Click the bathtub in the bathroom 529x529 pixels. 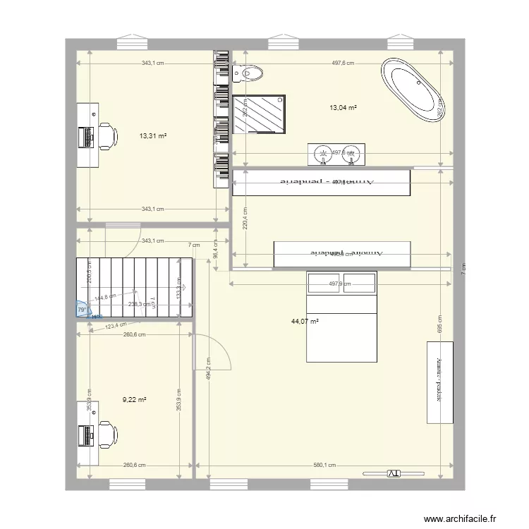coord(413,90)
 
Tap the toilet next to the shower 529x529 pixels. coord(250,71)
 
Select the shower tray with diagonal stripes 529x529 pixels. coord(260,114)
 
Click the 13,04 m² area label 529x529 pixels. coord(343,108)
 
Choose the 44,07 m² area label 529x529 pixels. coord(305,322)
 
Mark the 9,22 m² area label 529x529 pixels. coord(134,400)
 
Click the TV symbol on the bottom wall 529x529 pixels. coord(392,473)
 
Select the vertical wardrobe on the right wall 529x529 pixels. coord(439,383)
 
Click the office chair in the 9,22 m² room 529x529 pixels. coord(107,432)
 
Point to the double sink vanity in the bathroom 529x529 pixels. coord(337,154)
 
